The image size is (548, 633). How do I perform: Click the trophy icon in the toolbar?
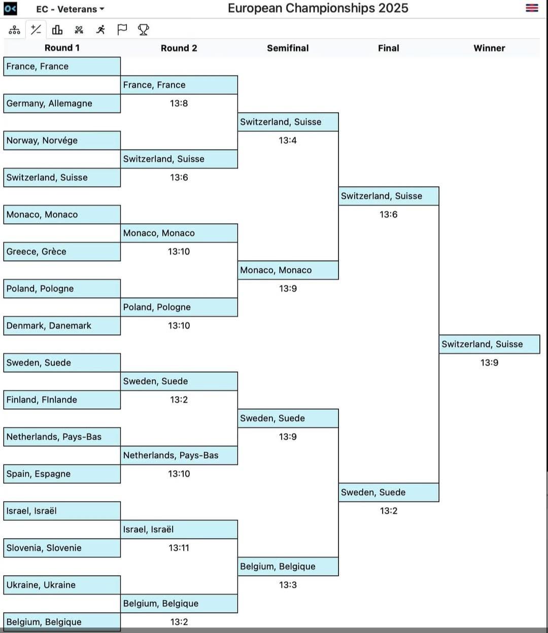click(x=144, y=30)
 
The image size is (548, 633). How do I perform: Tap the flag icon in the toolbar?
click(x=122, y=30)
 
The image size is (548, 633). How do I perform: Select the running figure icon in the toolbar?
click(x=100, y=30)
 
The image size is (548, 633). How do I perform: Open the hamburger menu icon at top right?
click(x=532, y=8)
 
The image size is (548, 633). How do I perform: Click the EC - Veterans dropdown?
click(x=70, y=9)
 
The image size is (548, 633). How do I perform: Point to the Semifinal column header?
click(x=288, y=48)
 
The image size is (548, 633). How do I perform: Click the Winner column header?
click(x=489, y=48)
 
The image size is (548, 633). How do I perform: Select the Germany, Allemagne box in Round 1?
click(x=62, y=103)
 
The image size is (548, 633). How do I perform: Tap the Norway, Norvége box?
click(x=62, y=140)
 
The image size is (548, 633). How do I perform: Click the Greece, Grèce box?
click(x=62, y=252)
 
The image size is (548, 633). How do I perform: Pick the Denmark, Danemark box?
click(x=62, y=326)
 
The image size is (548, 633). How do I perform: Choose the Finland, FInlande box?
click(x=62, y=400)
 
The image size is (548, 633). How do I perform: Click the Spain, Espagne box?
click(x=62, y=474)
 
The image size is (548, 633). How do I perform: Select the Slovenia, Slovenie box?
click(x=62, y=548)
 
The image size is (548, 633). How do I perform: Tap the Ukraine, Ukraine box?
click(x=62, y=585)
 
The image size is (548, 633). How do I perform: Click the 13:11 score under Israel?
click(x=179, y=548)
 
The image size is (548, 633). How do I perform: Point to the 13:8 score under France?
click(x=179, y=103)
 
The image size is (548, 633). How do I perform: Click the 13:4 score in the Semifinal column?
click(x=288, y=140)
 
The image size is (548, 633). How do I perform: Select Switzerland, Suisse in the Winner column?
click(x=490, y=344)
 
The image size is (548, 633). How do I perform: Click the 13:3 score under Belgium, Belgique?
click(x=288, y=585)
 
